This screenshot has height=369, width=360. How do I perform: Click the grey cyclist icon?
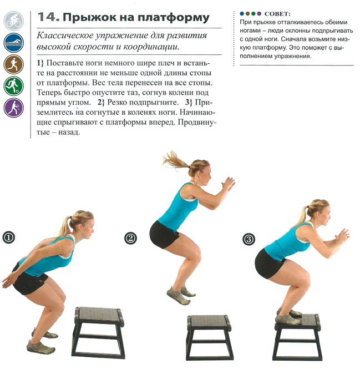(x=14, y=21)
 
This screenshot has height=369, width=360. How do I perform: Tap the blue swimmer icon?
(x=14, y=43)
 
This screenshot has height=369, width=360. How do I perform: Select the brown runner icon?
(x=14, y=64)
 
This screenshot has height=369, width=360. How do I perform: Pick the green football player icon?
(x=14, y=86)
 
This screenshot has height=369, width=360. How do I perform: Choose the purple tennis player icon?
(x=14, y=108)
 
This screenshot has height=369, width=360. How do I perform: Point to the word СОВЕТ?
(x=277, y=14)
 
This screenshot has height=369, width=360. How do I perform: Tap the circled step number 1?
(x=9, y=237)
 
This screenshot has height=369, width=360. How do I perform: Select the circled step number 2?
(x=130, y=238)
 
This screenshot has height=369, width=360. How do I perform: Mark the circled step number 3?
(x=249, y=240)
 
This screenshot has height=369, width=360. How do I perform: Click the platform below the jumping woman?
(x=209, y=337)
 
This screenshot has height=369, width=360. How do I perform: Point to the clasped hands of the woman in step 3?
(x=343, y=235)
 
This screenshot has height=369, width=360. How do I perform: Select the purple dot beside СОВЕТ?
(x=259, y=14)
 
